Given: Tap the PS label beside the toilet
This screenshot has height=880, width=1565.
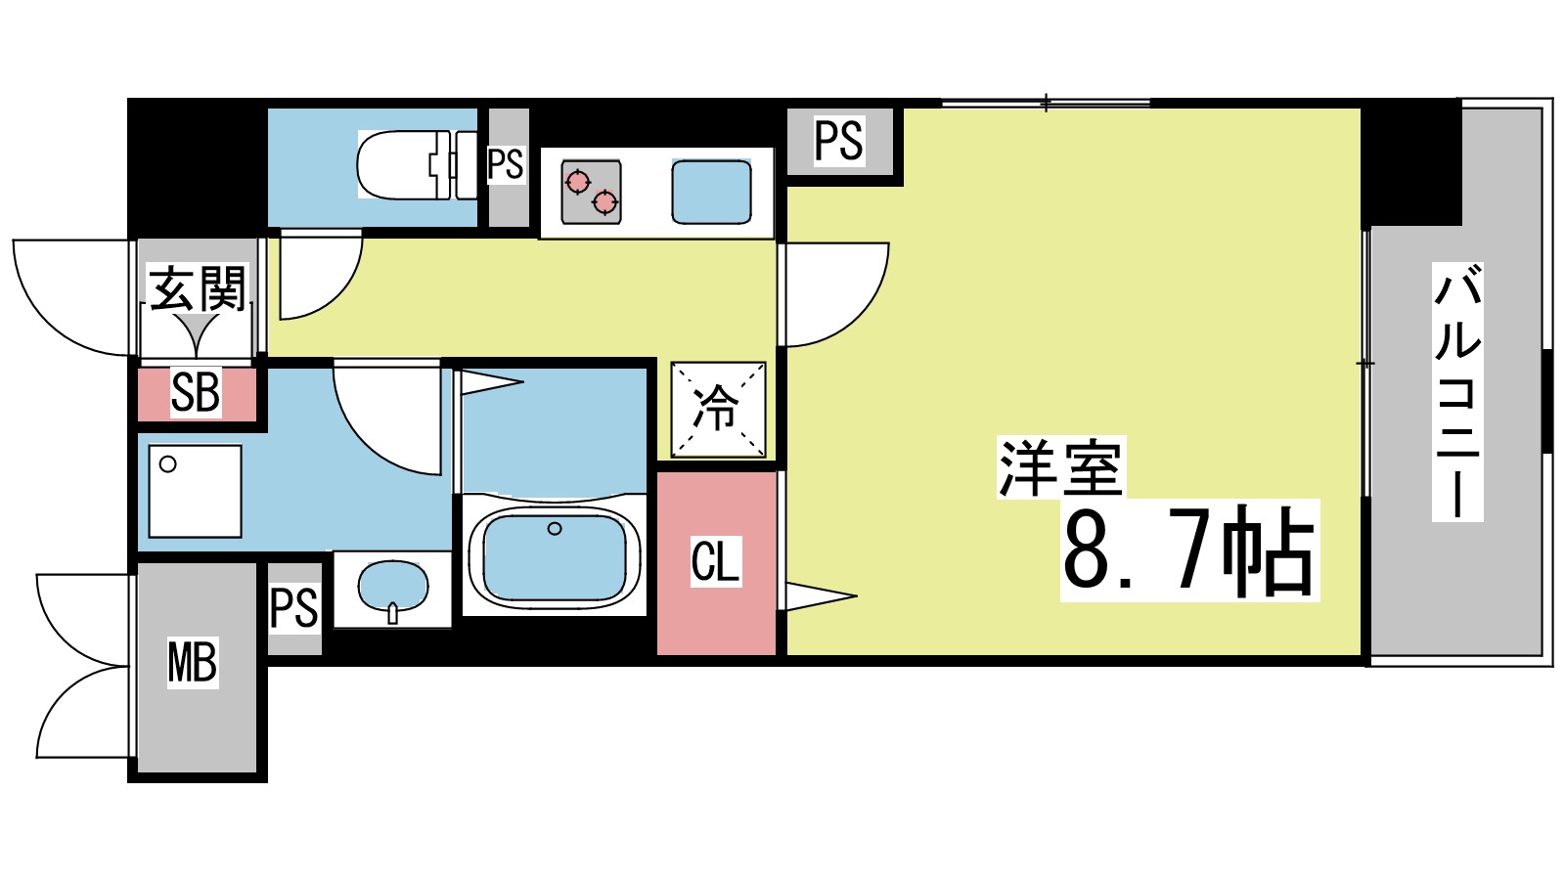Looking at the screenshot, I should coord(506,164).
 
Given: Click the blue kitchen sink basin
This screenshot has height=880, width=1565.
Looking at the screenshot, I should coord(711,192).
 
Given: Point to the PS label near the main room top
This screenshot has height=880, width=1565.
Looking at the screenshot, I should coord(839,141).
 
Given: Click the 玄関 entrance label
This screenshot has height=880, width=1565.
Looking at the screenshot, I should coord(197,288).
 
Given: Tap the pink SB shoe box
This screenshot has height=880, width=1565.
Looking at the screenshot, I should coord(196,393).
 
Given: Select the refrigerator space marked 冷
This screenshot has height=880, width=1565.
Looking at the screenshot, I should coord(717,409).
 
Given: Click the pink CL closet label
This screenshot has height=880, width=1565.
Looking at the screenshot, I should coord(715,561).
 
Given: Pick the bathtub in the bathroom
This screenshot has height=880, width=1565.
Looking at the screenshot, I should coord(555,555).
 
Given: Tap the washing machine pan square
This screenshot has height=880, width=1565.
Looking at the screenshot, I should coord(195,491).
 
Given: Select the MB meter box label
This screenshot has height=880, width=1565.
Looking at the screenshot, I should coord(192,662).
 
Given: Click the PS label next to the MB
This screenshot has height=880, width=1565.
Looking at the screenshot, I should coord(293,607).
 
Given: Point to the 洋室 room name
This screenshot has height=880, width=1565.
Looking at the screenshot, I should coord(1060,467).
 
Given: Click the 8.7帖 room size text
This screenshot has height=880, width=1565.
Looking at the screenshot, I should coord(1188,550).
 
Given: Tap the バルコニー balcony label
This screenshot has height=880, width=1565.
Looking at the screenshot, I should coord(1456,391).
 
